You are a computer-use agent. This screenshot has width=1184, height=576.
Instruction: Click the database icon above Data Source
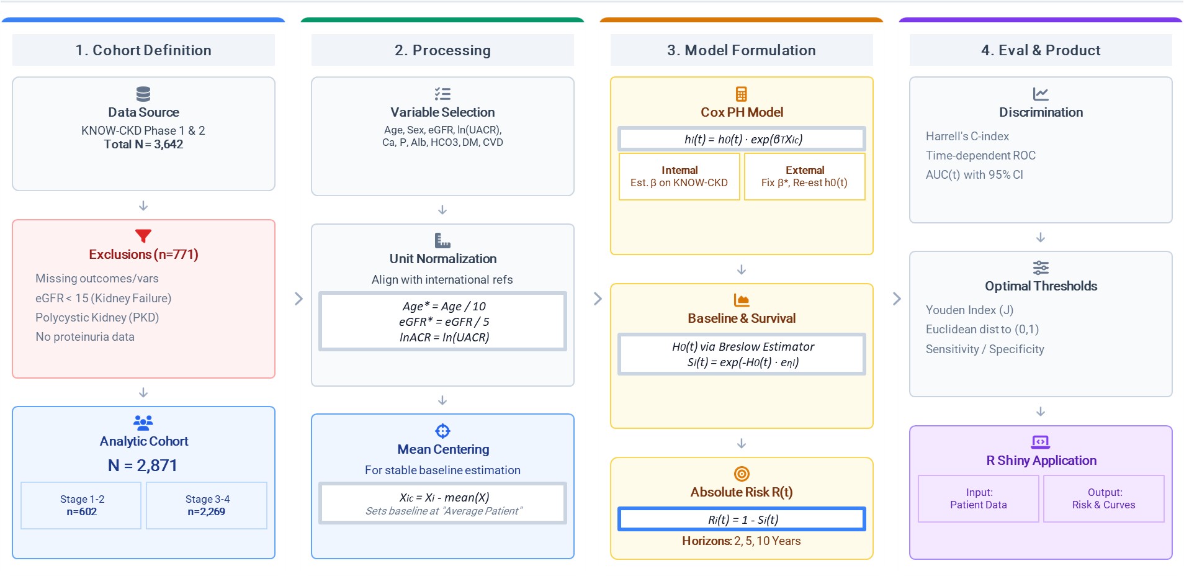pos(143,94)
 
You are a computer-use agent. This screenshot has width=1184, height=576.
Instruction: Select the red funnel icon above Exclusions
pos(143,236)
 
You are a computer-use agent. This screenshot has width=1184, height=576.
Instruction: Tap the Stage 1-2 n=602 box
pos(81,505)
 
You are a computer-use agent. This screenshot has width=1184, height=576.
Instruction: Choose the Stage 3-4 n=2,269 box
pos(207,505)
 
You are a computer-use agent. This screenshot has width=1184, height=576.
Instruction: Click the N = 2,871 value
pos(143,466)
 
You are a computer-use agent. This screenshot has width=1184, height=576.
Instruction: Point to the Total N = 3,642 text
pos(143,145)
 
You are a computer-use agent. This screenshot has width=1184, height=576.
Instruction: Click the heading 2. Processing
pos(442,50)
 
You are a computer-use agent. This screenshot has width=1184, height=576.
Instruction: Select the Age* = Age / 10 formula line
pos(444,306)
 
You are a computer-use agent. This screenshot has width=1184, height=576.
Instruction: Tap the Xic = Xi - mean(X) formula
pos(444,497)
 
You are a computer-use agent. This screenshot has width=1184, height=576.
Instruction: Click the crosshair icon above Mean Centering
pos(442,431)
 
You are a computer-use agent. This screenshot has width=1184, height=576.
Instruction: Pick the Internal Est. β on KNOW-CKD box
pos(679,177)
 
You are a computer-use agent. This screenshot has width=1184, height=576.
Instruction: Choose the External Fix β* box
pos(805,177)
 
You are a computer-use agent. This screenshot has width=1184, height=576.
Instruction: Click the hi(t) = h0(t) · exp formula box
pos(742,139)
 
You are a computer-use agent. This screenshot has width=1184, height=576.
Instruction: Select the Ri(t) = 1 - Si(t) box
pos(742,520)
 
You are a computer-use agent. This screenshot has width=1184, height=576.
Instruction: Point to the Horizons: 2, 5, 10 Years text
pos(742,541)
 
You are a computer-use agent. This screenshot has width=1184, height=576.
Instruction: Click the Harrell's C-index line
pos(967,137)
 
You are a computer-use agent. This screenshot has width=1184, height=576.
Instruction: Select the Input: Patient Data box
pos(979,499)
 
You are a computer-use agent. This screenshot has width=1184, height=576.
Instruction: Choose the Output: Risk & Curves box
pos(1104,499)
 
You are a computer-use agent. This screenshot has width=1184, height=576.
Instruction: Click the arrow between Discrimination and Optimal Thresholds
pos(1041,238)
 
